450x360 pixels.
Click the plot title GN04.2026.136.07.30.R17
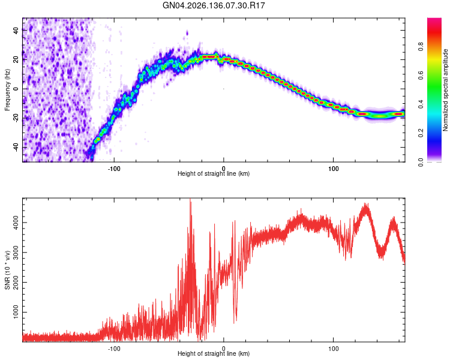[214, 5]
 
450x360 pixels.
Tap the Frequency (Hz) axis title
[7, 90]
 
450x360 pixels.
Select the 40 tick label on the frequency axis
[16, 30]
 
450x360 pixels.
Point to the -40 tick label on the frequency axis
[16, 148]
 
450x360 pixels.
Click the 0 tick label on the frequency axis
[16, 89]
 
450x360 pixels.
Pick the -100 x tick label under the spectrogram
[114, 169]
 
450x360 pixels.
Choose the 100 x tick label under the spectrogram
[333, 169]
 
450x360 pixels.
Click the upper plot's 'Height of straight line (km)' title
[214, 173]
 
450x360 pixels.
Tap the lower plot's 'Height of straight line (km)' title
[214, 353]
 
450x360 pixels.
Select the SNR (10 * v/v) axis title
[7, 270]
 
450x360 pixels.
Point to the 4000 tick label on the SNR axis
[16, 223]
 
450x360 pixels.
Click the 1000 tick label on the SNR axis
[16, 313]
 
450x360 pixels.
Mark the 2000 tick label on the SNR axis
[16, 283]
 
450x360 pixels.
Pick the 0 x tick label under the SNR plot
[224, 349]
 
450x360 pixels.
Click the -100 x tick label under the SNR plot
[114, 349]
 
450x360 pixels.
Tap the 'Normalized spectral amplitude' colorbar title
[445, 90]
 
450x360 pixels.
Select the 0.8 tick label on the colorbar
[421, 46]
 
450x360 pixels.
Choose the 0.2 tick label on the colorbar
[421, 133]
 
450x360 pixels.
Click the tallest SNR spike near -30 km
[190, 199]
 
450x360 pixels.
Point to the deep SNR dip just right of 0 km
[235, 321]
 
